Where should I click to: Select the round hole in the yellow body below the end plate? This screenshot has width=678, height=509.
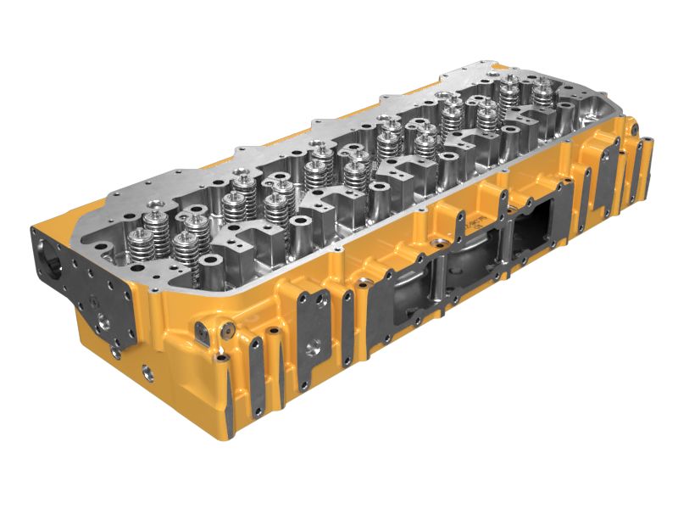[x=147, y=371]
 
